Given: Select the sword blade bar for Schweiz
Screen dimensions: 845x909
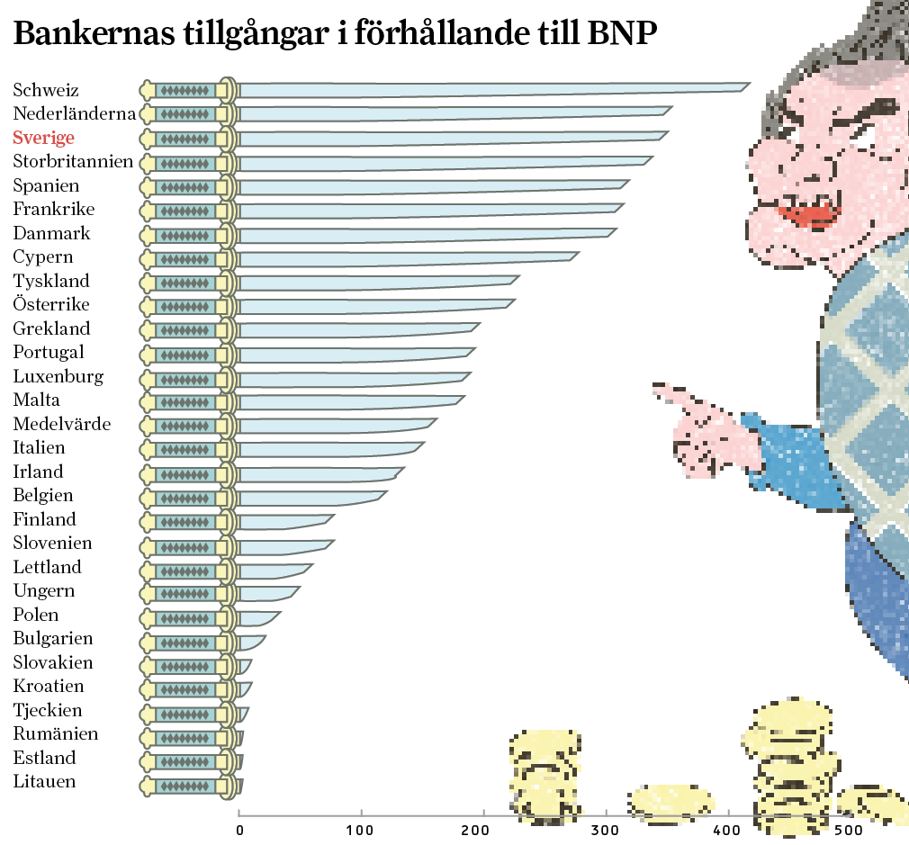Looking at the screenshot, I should point(490,89).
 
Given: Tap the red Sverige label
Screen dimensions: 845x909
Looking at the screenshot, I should point(43,138).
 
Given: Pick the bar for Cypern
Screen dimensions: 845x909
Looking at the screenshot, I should point(405,257).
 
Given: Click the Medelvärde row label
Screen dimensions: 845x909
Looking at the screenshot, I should point(62,424).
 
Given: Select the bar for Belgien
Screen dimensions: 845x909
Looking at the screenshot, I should point(310,497).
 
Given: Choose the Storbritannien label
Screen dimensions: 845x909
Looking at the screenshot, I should point(73,162).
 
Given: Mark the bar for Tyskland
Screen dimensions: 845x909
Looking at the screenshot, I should point(378,282).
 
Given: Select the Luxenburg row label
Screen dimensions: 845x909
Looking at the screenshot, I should point(58,376).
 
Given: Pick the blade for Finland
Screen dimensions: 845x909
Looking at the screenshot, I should point(283,521).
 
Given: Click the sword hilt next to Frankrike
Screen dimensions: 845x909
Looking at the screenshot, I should point(189,211).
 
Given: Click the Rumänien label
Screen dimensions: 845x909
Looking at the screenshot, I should point(56,733).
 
